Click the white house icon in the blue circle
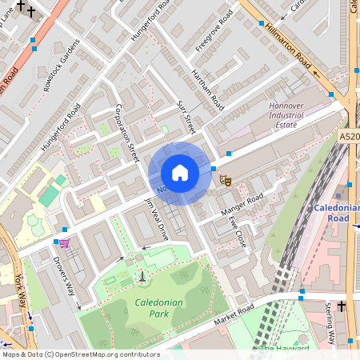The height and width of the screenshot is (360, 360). tap(180, 172)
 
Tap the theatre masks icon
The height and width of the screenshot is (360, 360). tap(226, 181)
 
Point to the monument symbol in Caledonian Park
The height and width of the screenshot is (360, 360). tap(142, 277)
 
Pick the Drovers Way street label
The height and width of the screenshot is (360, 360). tap(67, 277)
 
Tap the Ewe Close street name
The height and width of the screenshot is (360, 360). tap(237, 226)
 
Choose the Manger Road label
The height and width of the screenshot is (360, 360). tap(241, 205)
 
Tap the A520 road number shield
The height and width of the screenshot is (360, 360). tap(349, 137)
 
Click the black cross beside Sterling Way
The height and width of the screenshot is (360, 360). tap(341, 306)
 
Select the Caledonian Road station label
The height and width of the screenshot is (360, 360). tap(335, 213)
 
